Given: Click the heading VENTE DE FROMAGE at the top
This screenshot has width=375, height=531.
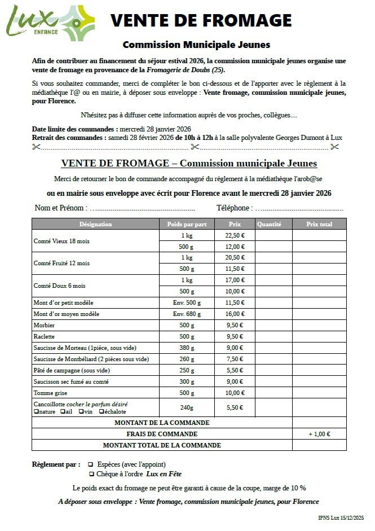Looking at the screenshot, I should (x=201, y=21).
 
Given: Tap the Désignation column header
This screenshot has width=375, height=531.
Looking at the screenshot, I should (x=95, y=224).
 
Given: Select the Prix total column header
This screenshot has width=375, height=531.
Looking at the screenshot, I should (x=319, y=224).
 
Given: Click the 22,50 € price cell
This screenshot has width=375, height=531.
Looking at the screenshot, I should (x=235, y=235).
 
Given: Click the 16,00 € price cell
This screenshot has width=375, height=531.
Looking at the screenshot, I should (x=235, y=314).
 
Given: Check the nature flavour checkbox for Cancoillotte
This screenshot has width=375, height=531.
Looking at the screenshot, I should (x=36, y=412).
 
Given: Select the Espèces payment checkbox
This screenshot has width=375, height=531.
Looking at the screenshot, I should (x=90, y=464).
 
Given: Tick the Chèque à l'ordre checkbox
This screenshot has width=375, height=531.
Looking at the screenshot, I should (x=90, y=475).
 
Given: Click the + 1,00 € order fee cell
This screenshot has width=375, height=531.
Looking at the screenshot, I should (x=319, y=434).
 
